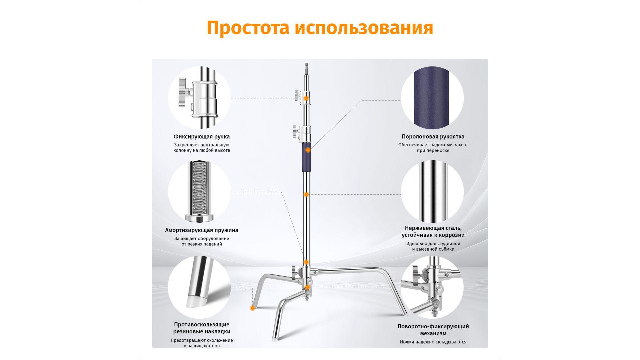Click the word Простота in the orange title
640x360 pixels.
pyautogui.click(x=248, y=28)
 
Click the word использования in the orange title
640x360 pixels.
pyautogui.click(x=364, y=28)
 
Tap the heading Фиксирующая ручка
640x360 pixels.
pyautogui.click(x=202, y=137)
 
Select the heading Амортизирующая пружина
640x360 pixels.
pyautogui.click(x=202, y=230)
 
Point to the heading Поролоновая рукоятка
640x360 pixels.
pyautogui.click(x=433, y=137)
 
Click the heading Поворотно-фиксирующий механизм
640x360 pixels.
pyautogui.click(x=433, y=330)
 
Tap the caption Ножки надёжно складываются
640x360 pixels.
pyautogui.click(x=433, y=342)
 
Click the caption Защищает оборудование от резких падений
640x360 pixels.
pyautogui.click(x=202, y=241)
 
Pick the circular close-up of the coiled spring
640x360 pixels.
pyautogui.click(x=199, y=192)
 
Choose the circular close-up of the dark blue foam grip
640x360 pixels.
pyautogui.click(x=432, y=98)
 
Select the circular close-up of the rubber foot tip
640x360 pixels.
pyautogui.click(x=199, y=287)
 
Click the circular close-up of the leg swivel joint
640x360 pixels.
pyautogui.click(x=432, y=287)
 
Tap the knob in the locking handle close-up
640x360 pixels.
pyautogui.click(x=183, y=92)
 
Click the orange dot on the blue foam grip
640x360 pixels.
pyautogui.click(x=308, y=150)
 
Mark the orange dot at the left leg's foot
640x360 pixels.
pyautogui.click(x=252, y=308)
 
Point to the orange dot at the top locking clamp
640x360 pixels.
pyautogui.click(x=306, y=99)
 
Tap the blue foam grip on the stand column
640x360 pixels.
pyautogui.click(x=306, y=157)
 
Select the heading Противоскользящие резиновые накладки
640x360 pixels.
pyautogui.click(x=202, y=328)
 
